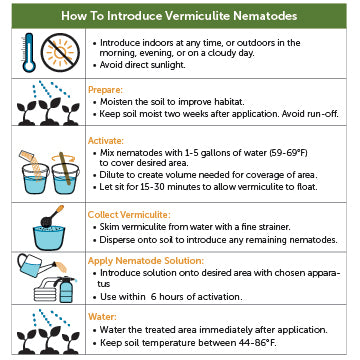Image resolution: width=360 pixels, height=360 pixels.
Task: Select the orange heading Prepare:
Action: point(107,87)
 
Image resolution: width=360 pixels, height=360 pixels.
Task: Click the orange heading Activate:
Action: point(109,141)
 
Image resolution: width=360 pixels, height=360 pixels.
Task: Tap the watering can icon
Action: point(33,264)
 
